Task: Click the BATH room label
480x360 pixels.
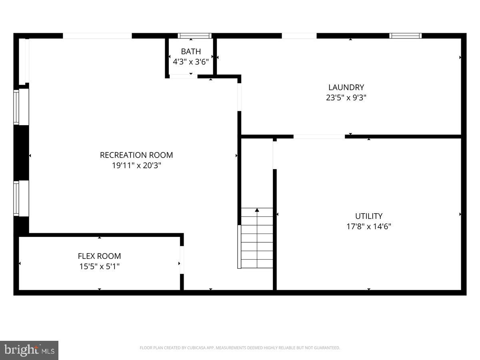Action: point(191,52)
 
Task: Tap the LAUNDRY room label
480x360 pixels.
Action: point(346,87)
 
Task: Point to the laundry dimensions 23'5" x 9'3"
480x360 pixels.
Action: point(346,97)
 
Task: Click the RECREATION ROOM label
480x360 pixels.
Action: point(136,155)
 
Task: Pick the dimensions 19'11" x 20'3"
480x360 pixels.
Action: point(136,165)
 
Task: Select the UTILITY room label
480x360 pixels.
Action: point(369,216)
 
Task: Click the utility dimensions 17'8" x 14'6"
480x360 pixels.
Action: point(369,226)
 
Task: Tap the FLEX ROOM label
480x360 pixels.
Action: point(99,256)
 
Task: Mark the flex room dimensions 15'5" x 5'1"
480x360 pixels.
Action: point(99,266)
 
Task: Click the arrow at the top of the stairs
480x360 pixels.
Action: point(257,210)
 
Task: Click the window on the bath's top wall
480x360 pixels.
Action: point(194,36)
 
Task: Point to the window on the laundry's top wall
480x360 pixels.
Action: point(406,36)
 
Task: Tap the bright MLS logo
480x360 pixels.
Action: point(29,350)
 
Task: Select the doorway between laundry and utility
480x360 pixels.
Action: point(319,136)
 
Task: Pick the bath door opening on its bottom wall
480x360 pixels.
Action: point(183,76)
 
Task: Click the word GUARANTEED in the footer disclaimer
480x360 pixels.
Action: point(326,348)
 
